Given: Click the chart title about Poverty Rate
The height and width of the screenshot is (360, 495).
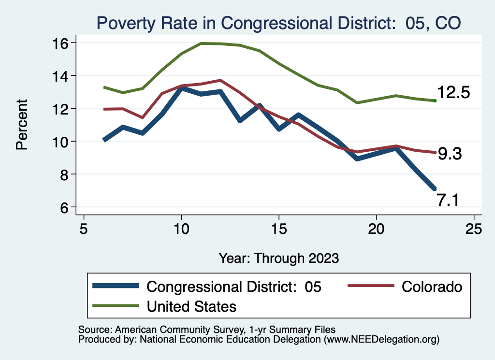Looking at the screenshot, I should tap(278, 22).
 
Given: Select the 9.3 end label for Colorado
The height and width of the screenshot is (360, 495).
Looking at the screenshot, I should tap(450, 154).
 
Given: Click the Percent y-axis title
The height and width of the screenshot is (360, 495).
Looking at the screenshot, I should tap(22, 124).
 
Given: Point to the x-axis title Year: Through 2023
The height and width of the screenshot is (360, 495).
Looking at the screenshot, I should tap(278, 258).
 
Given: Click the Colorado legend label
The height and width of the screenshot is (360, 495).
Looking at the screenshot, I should tap(431, 287).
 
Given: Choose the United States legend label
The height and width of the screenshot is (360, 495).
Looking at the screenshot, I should tap(191, 306).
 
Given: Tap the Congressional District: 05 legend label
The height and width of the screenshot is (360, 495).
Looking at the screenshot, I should tap(234, 287).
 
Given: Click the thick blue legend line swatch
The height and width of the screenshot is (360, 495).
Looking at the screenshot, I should tap(116, 287).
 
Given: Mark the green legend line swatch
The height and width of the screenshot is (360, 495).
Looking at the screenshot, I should tap(116, 306).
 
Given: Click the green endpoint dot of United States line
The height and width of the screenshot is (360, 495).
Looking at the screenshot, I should tap(435, 101).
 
